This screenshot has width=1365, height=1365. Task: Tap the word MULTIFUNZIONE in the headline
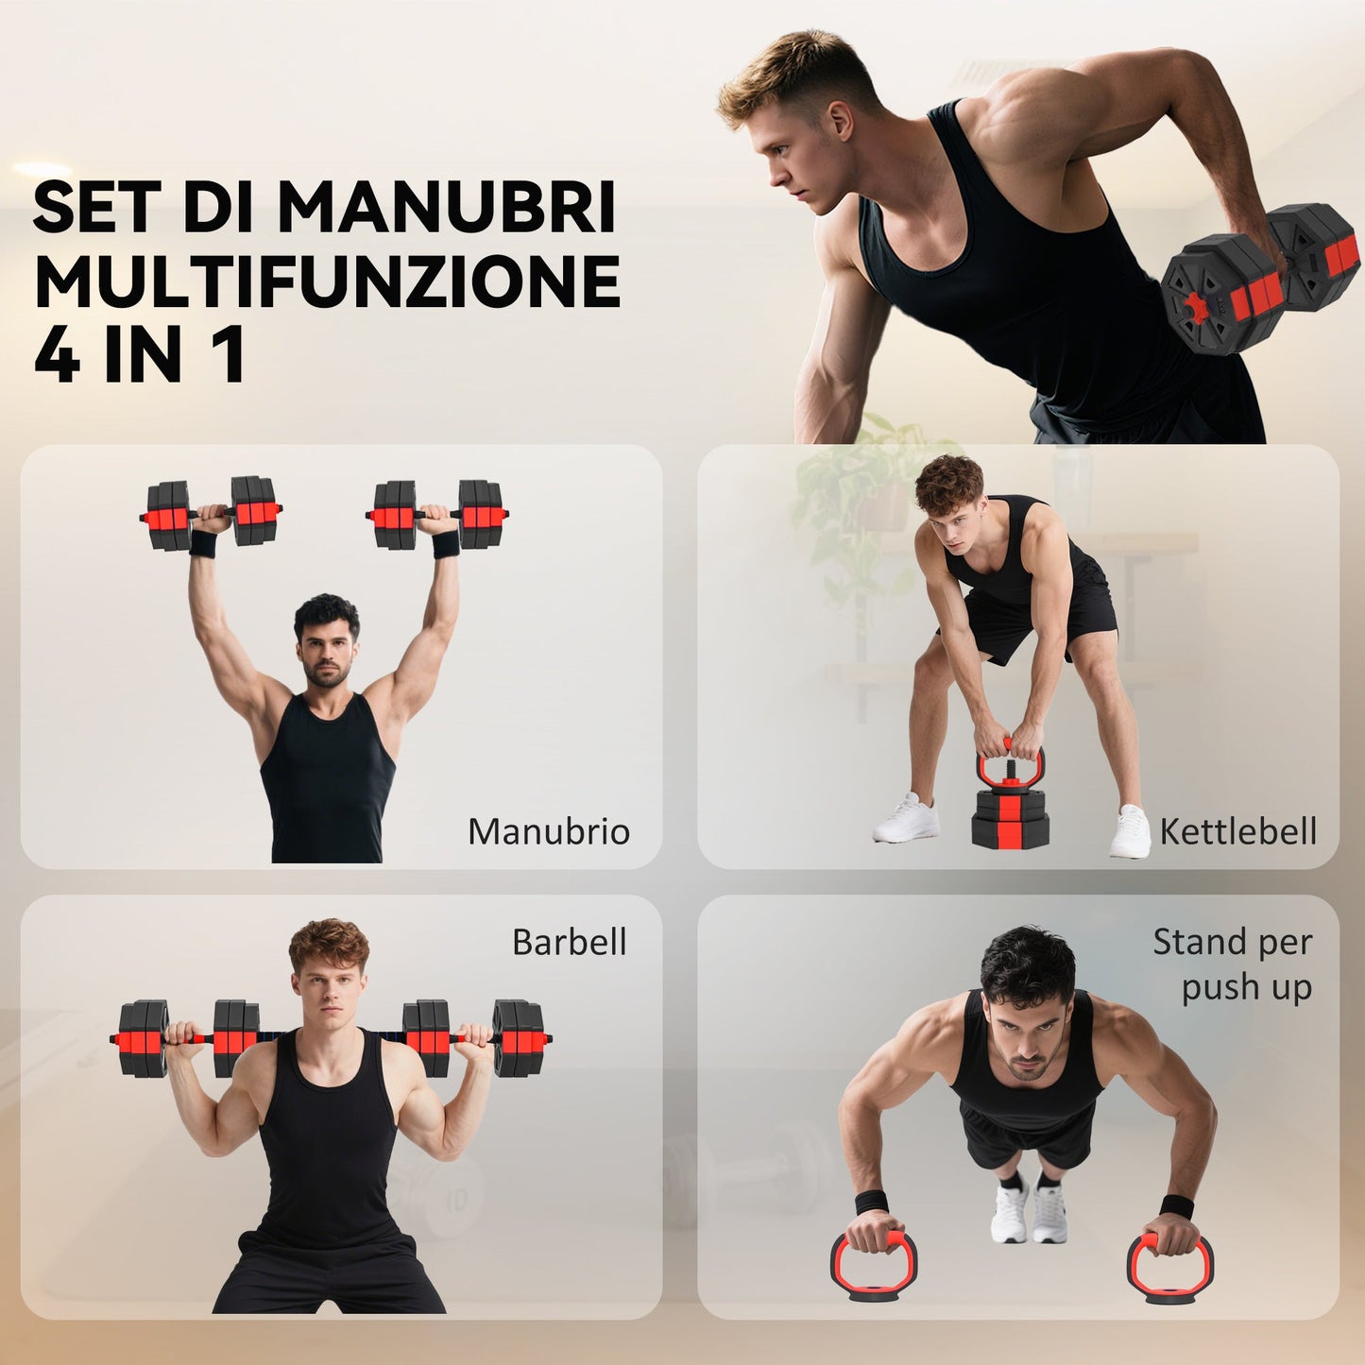click(x=327, y=282)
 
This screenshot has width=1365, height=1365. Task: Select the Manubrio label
click(x=549, y=831)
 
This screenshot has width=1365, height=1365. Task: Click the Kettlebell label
click(x=1237, y=831)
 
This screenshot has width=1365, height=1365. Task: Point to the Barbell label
click(x=569, y=942)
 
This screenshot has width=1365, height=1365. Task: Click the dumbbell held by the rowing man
click(x=1261, y=279)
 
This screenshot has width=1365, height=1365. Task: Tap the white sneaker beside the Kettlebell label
click(x=1130, y=832)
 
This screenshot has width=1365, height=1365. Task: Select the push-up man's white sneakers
click(x=1029, y=1211)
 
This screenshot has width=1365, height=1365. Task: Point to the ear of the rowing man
click(x=840, y=120)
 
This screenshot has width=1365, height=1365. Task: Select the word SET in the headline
click(x=100, y=207)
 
